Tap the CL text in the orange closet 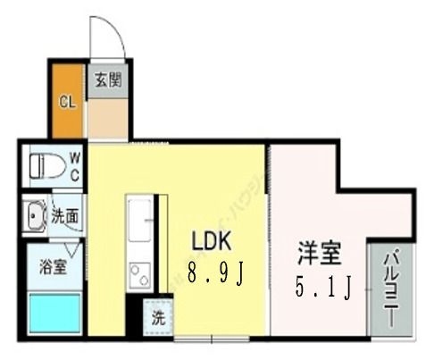tap(67, 101)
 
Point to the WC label tap(75, 167)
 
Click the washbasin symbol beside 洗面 tap(36, 215)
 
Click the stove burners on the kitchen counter tap(141, 272)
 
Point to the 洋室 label tap(320, 253)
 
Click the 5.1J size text tap(320, 288)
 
